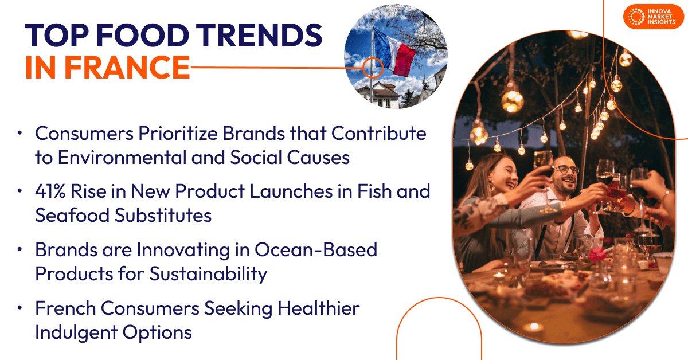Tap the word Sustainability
(208, 274)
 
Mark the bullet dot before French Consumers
(20, 308)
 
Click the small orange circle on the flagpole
(373, 67)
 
